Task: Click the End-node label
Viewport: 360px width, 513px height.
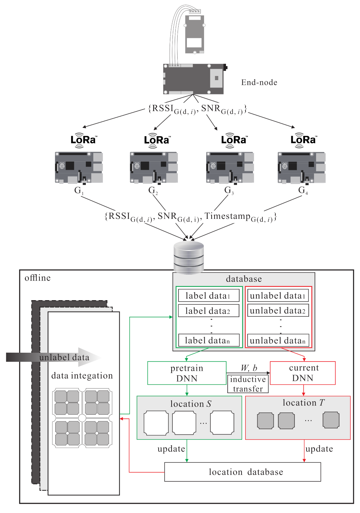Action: click(x=259, y=82)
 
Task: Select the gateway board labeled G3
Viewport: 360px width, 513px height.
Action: click(x=230, y=168)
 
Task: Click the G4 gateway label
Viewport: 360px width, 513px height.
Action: click(x=303, y=190)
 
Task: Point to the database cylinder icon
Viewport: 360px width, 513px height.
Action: click(x=189, y=257)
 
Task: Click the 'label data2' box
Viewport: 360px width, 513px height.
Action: click(x=208, y=311)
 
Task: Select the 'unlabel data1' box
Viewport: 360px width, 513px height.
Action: click(x=278, y=295)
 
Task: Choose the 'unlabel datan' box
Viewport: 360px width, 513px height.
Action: click(x=278, y=340)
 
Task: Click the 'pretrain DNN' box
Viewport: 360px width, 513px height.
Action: click(x=187, y=373)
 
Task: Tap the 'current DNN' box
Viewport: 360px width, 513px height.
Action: click(x=302, y=373)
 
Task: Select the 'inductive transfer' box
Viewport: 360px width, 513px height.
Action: click(x=248, y=384)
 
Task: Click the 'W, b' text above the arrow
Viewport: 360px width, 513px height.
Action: click(x=249, y=368)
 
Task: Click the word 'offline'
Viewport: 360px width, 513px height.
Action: click(x=37, y=278)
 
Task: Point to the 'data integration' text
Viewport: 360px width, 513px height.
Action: click(x=82, y=376)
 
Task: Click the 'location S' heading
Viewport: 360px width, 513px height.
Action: click(x=191, y=404)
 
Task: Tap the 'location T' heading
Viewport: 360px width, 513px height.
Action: click(x=303, y=403)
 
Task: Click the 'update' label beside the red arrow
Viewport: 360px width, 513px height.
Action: click(x=319, y=449)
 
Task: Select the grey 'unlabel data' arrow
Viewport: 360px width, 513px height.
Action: click(x=54, y=357)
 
